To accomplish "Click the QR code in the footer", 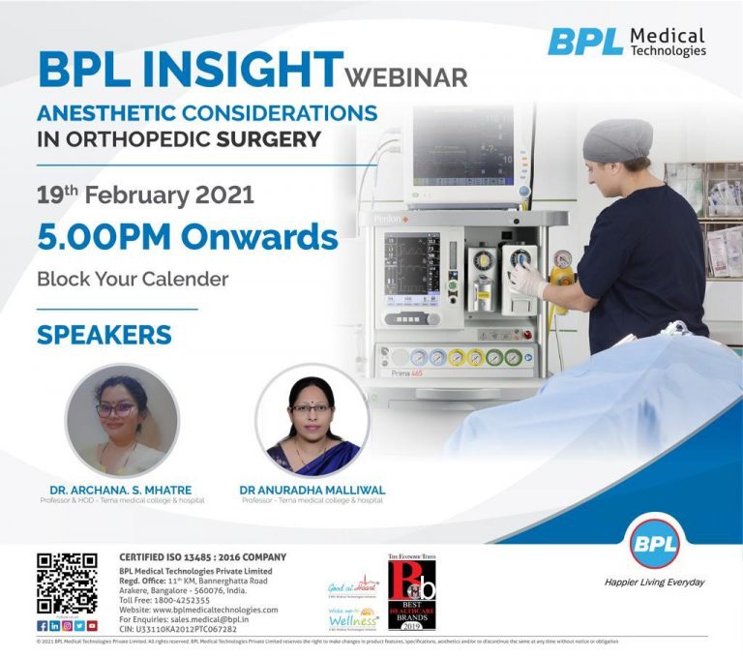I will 67,583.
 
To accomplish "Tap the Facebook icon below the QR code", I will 42,626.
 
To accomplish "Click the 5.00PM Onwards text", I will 187,237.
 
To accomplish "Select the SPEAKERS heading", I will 104,335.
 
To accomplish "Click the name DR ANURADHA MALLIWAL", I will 312,491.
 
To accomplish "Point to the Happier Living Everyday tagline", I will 654,582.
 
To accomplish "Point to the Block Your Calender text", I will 133,280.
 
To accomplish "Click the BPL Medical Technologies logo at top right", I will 627,42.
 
